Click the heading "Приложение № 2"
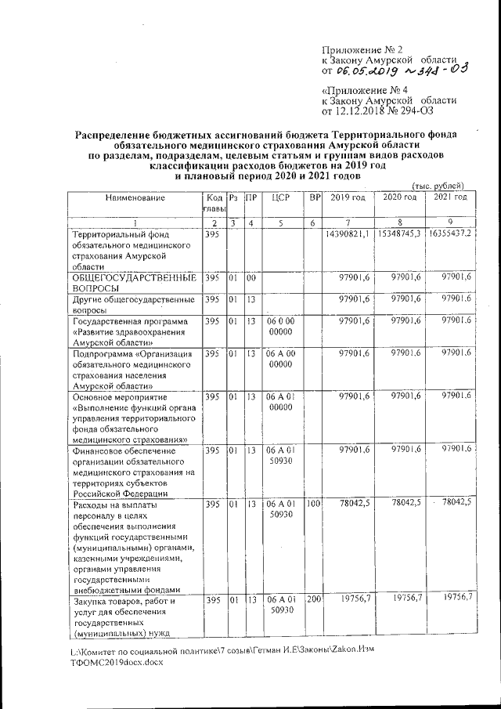coord(362,49)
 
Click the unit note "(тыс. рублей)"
coord(439,185)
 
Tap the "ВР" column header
coord(315,198)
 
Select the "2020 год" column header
coord(399,197)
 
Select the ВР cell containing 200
coord(315,599)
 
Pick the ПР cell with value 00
coord(250,277)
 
